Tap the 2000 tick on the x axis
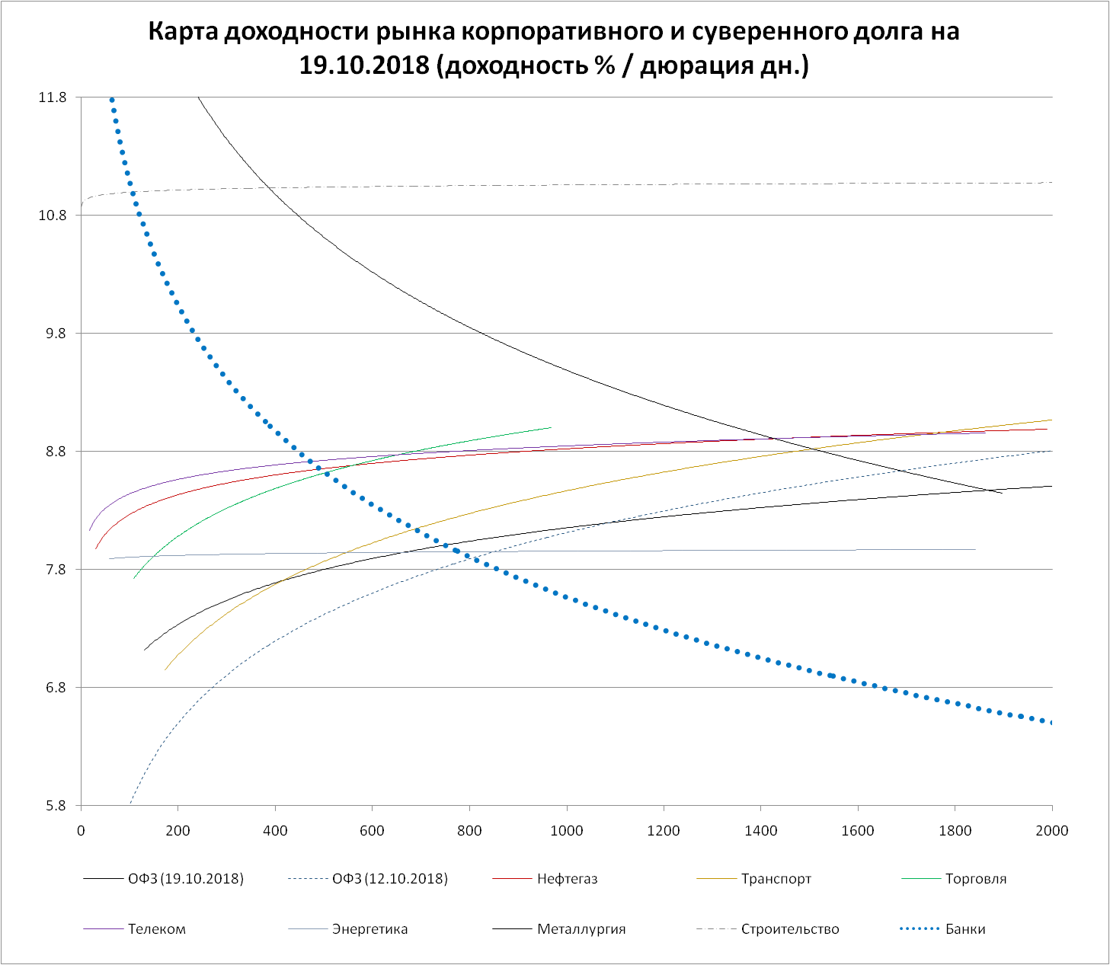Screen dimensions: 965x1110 pos(1052,830)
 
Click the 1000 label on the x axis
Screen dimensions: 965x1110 pos(566,830)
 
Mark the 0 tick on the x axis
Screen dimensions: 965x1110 pos(81,830)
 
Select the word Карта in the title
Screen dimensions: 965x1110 pos(180,32)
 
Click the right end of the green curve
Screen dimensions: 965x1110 pos(550,427)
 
